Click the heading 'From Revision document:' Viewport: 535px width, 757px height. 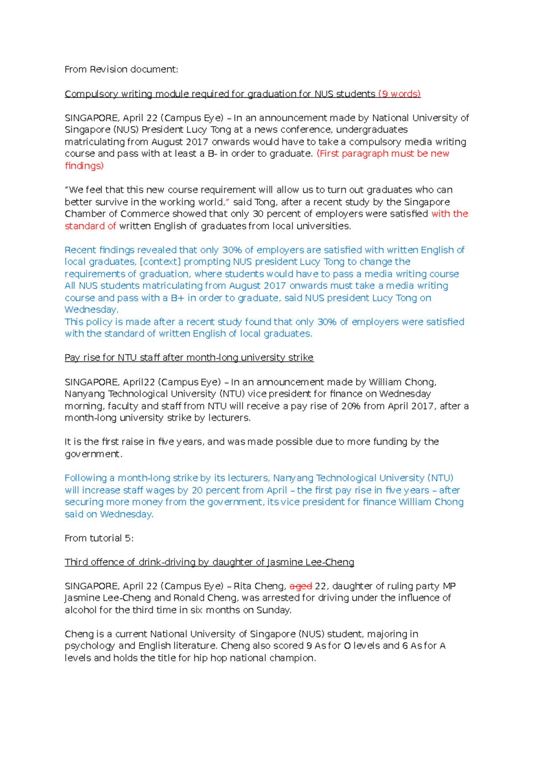[121, 70]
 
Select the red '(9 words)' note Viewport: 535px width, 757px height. [399, 94]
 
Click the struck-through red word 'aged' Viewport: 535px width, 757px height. [300, 586]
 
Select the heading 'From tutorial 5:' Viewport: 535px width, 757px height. [99, 538]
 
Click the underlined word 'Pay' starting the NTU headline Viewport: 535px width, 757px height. [72, 358]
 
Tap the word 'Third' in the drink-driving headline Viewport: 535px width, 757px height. [76, 562]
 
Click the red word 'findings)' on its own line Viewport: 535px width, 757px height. [84, 166]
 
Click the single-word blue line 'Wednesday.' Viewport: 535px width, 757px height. [91, 310]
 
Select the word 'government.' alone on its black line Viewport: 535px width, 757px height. [93, 454]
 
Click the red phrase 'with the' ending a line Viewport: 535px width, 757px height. [449, 214]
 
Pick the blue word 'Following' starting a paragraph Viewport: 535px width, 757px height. [86, 478]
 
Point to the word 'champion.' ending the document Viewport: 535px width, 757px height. [295, 658]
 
